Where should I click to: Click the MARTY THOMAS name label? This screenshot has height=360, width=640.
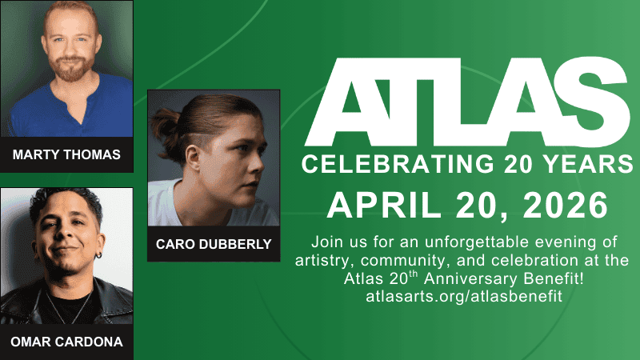66,154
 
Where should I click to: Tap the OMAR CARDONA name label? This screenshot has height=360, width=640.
66,342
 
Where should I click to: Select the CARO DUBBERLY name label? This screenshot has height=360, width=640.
214,243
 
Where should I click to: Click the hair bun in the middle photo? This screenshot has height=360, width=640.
165,124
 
